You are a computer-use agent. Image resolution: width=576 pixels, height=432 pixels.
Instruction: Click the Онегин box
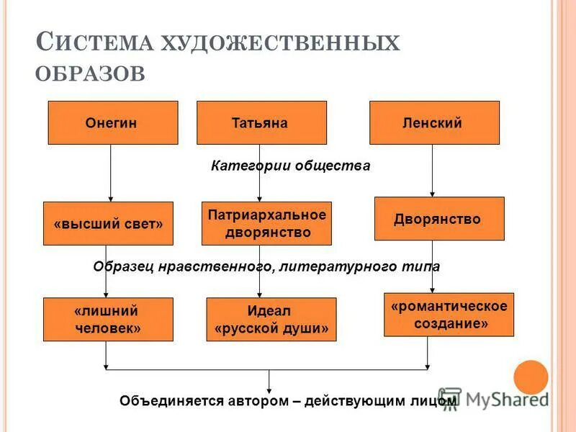112,122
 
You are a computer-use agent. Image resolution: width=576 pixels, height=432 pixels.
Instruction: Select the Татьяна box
261,122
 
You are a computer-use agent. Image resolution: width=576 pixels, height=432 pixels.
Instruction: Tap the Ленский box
434,122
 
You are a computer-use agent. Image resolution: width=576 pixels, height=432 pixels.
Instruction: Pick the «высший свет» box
108,223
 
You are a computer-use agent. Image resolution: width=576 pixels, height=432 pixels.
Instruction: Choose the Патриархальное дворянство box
266,223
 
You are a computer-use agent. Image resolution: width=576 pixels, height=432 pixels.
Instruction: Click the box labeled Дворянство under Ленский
439,218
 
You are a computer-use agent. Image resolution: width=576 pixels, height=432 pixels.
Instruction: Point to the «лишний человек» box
108,319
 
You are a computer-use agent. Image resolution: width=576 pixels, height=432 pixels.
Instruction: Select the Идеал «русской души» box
271,319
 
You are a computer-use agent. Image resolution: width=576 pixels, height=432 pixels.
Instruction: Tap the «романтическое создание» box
449,315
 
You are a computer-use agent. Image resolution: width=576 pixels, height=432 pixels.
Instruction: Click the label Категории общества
290,166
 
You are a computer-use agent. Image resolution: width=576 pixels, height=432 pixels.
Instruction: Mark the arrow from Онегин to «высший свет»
110,173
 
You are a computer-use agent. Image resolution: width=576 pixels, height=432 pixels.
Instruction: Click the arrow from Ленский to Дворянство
432,171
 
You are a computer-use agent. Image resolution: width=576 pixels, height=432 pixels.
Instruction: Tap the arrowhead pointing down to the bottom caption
269,389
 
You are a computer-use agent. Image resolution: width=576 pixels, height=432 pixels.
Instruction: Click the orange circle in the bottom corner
531,377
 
